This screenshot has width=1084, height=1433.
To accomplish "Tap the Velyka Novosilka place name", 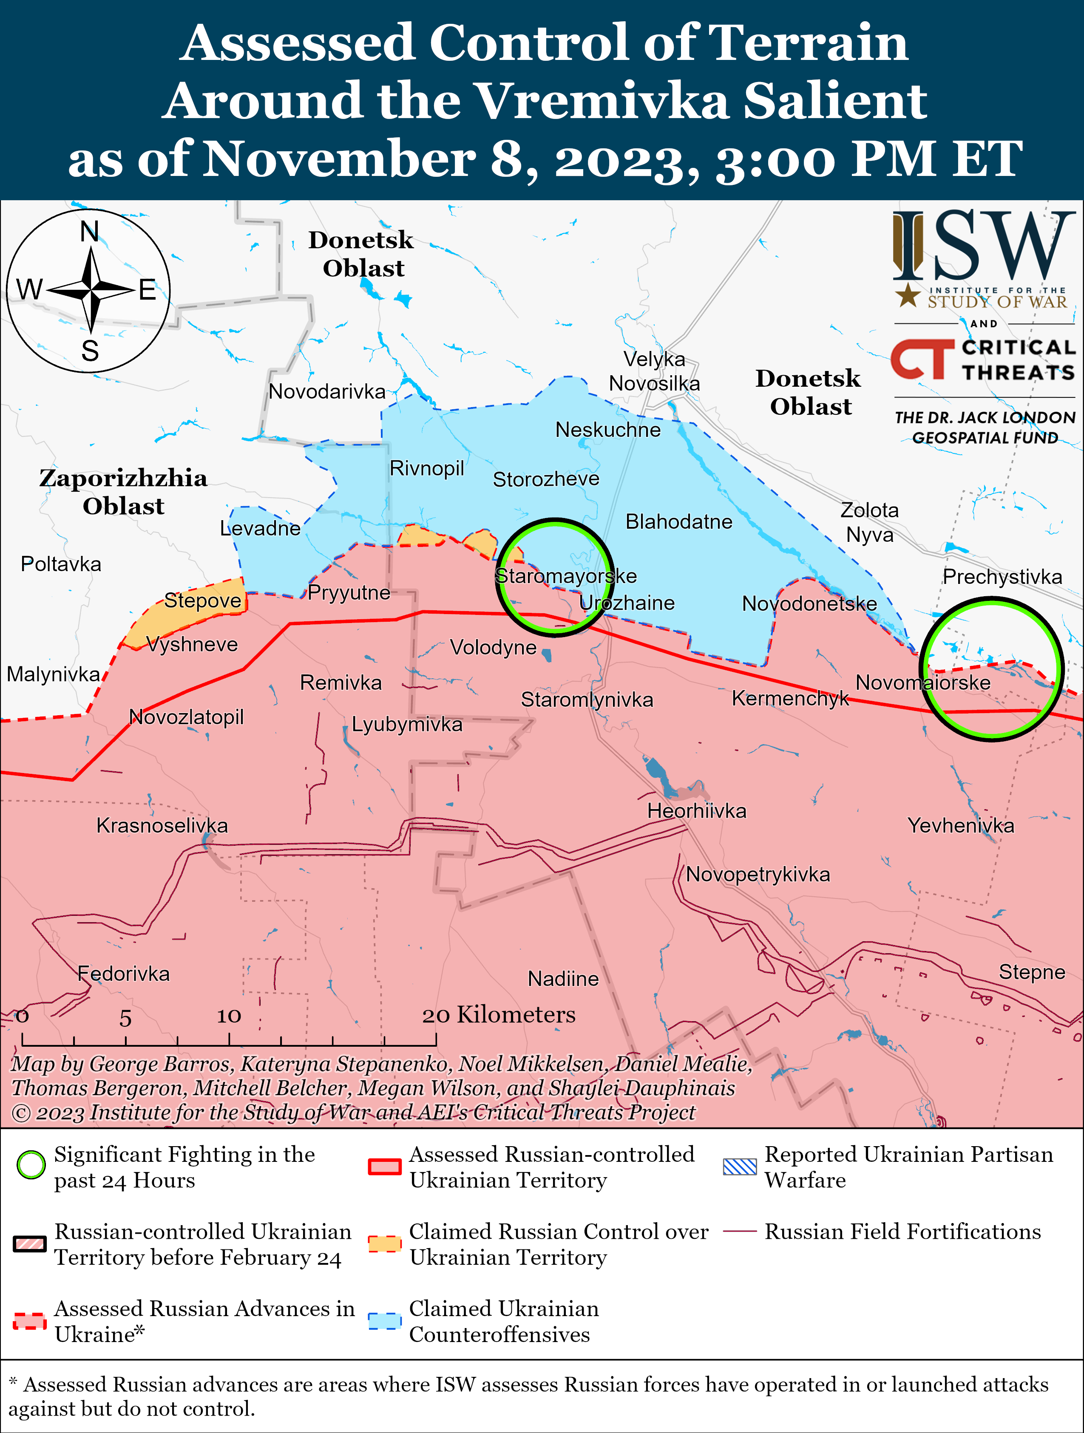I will click(x=654, y=371).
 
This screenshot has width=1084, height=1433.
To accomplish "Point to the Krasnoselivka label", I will click(x=162, y=825).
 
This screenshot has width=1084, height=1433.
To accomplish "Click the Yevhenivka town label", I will click(x=960, y=825).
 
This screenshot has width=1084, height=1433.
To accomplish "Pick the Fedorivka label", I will click(x=123, y=973).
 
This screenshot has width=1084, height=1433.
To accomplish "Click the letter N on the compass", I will click(x=89, y=231).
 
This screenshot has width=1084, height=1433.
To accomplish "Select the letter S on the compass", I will click(x=90, y=351).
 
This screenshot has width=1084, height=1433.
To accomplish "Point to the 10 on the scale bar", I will click(x=229, y=1016).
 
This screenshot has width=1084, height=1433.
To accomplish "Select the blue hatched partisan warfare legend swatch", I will click(x=739, y=1167).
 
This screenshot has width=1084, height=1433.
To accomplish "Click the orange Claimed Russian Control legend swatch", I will click(x=384, y=1244).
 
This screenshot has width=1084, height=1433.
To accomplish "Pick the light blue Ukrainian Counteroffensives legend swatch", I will click(x=384, y=1321).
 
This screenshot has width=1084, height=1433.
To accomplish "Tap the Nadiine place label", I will click(x=563, y=978).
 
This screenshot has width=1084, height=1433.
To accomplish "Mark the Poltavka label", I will click(x=61, y=564).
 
